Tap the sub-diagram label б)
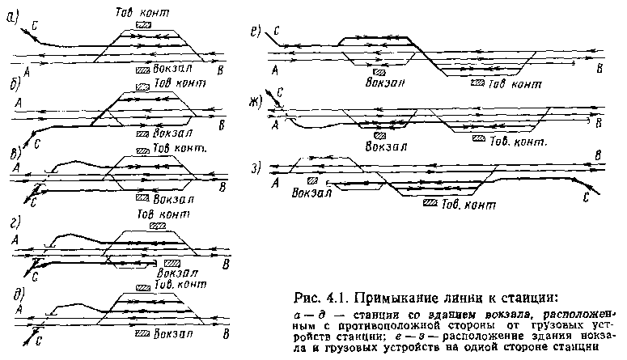pyautogui.click(x=14, y=87)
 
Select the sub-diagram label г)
pyautogui.click(x=15, y=226)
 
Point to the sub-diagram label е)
pyautogui.click(x=256, y=32)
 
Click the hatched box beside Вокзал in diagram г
pyautogui.click(x=172, y=263)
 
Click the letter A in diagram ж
pyautogui.click(x=275, y=125)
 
